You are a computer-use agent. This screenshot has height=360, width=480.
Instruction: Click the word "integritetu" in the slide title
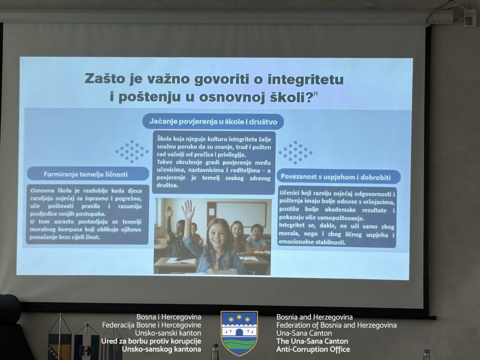tap(305, 79)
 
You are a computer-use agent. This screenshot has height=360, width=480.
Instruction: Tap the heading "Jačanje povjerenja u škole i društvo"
tap(213, 122)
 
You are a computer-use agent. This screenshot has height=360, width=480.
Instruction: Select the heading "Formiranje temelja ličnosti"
tap(86, 174)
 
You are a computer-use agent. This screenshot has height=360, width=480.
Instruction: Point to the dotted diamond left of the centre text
tap(132, 152)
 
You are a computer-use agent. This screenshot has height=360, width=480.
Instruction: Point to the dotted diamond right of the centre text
tap(295, 153)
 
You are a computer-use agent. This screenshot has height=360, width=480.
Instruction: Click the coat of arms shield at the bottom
tap(239, 333)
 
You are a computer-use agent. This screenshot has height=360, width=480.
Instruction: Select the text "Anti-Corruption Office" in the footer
tap(313, 349)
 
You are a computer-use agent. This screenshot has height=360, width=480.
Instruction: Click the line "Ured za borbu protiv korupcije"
tap(151, 341)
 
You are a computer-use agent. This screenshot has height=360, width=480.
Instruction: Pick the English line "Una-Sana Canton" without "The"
tap(304, 333)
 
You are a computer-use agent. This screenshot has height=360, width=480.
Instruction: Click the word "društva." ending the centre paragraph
tap(167, 185)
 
